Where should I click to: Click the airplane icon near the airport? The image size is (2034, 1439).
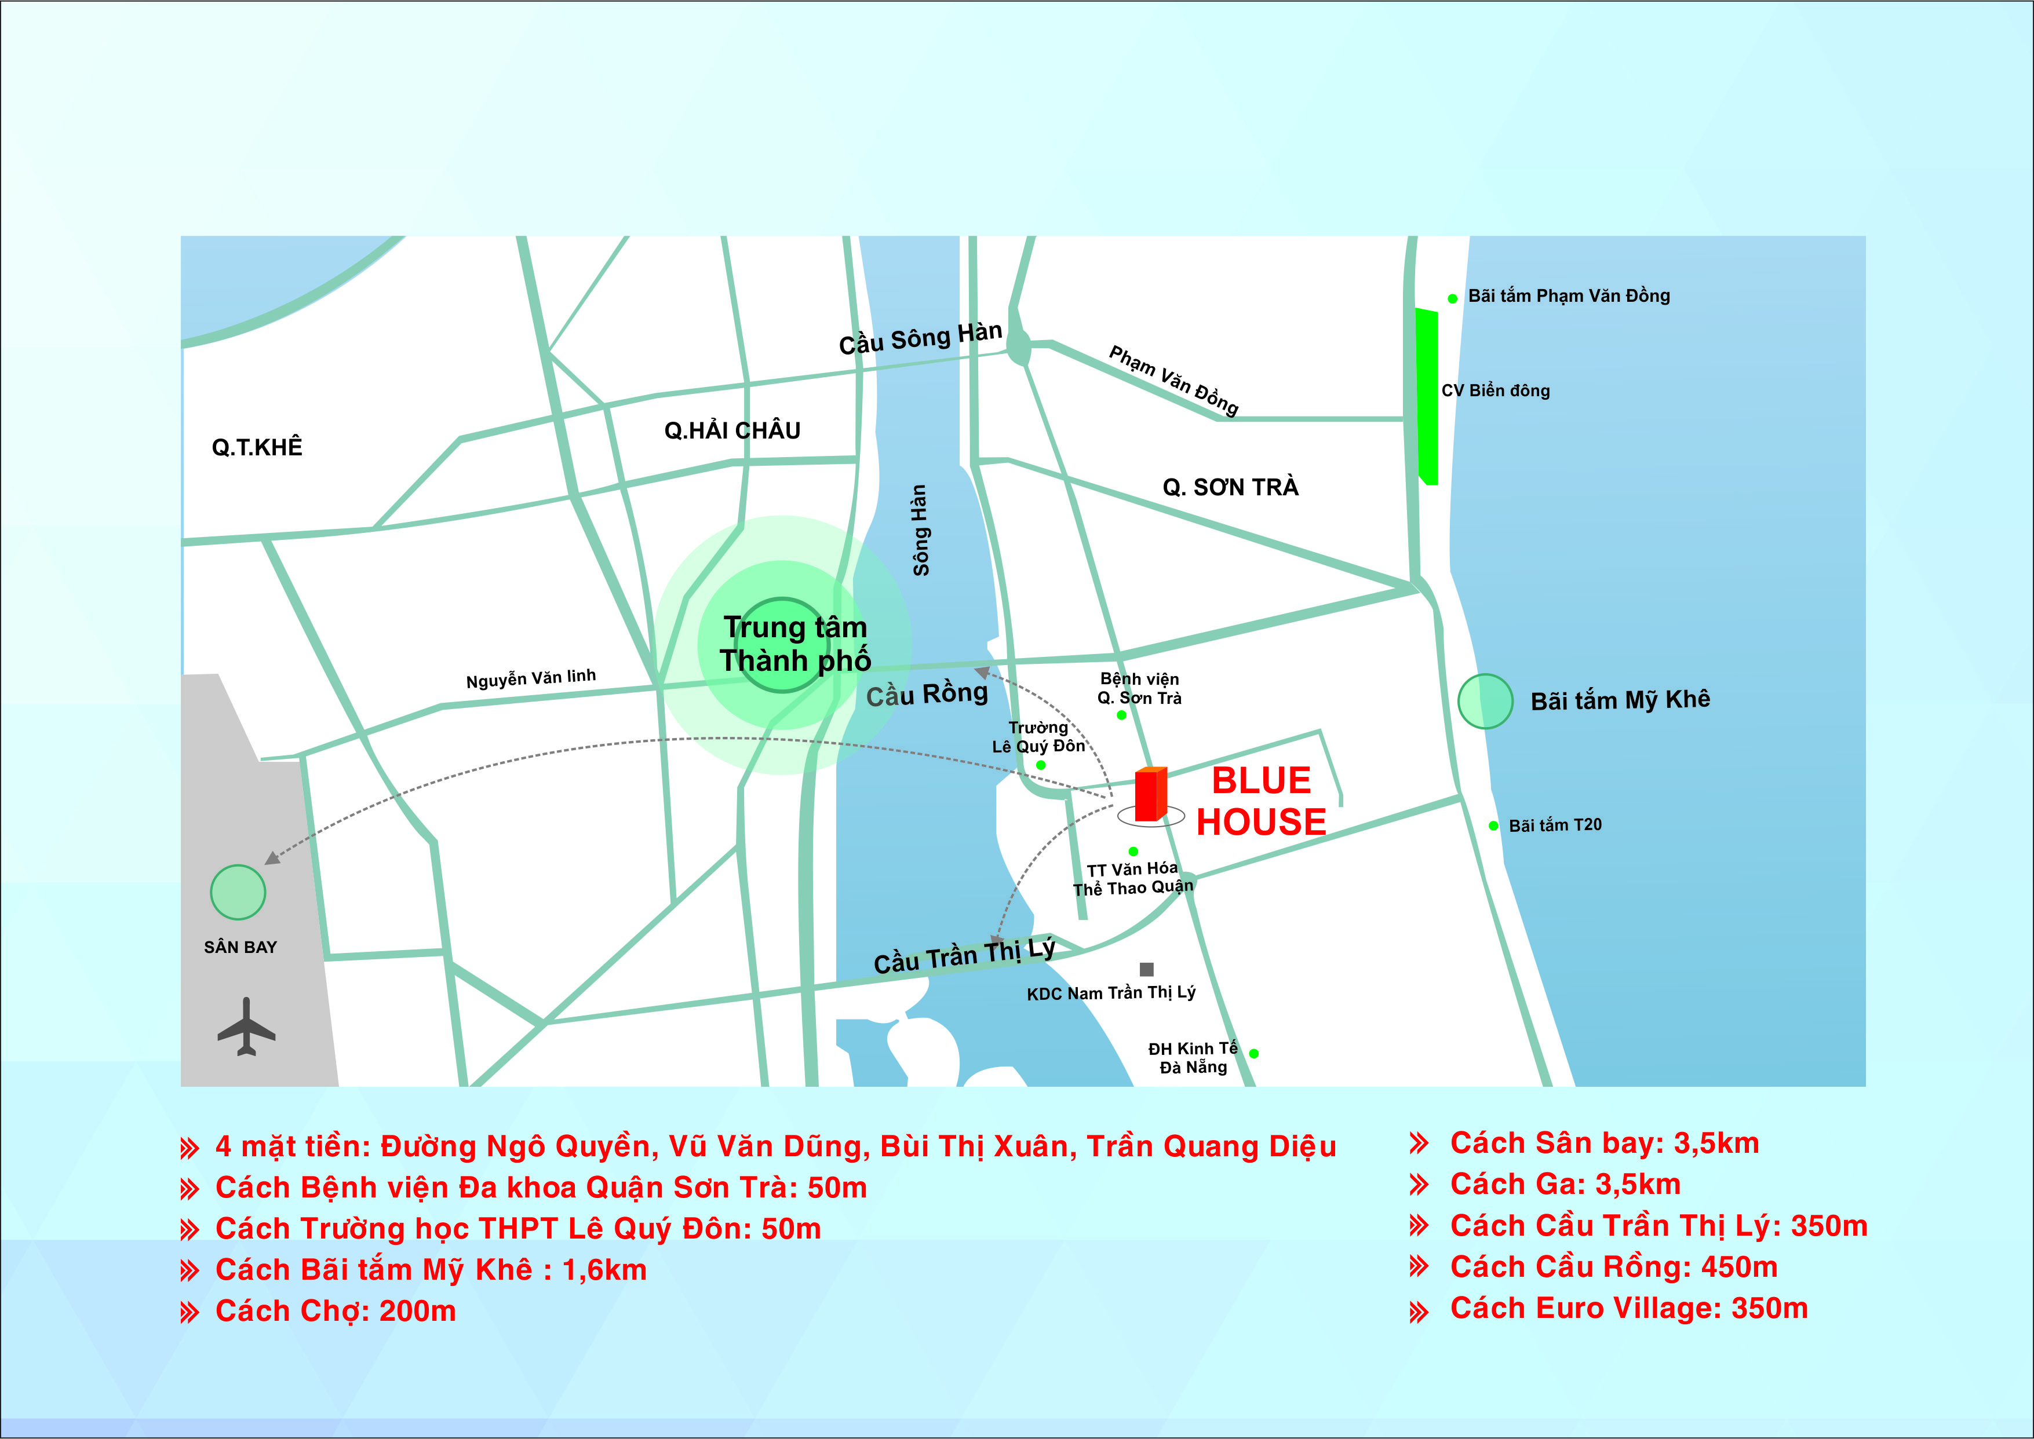point(246,1027)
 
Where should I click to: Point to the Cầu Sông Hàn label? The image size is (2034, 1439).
point(920,338)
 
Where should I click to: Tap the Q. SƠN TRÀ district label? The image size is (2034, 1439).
point(1230,487)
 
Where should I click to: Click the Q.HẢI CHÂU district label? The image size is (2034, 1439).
point(732,430)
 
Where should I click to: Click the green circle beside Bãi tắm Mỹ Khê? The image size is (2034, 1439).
point(1485,702)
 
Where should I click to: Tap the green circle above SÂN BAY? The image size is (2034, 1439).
point(238,892)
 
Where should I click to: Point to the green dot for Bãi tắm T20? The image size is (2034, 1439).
point(1493,826)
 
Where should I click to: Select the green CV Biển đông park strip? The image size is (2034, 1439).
point(1426,397)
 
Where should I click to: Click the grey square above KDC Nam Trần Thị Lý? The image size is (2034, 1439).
point(1147,969)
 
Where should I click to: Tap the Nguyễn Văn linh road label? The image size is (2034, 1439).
point(531,679)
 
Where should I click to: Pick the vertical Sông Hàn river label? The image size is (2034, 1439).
point(920,530)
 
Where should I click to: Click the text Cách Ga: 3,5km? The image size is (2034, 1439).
point(1565,1185)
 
